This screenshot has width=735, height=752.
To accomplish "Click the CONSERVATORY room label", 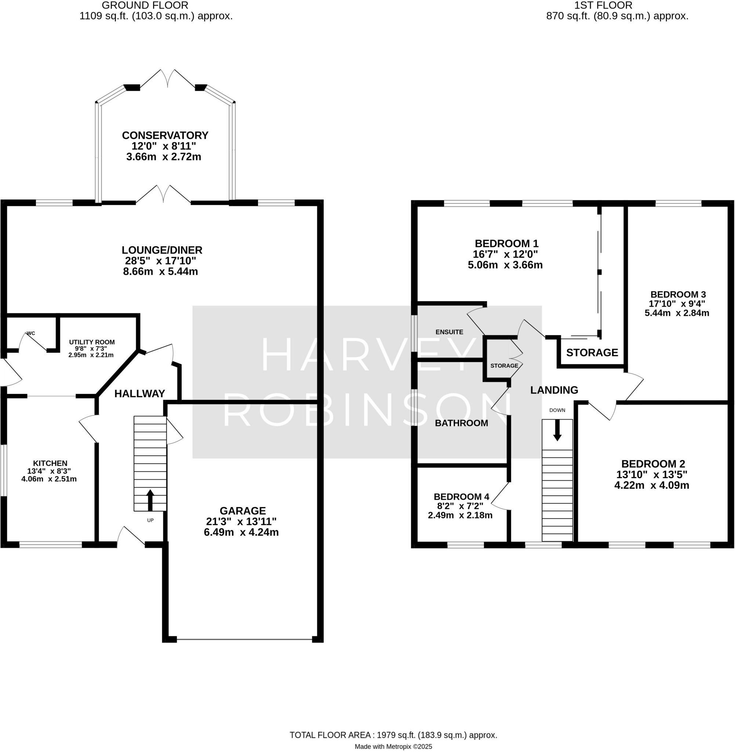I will pos(165,135).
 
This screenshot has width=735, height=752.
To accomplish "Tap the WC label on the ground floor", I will pos(31,333).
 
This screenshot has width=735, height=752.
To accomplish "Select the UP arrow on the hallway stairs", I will pos(150,500).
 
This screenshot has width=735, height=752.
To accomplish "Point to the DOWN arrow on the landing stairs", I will pos(557,430).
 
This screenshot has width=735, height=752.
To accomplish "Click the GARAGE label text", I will pos(243,511).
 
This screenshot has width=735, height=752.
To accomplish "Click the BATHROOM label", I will pos(461,423).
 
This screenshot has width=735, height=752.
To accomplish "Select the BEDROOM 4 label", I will pos(461,497).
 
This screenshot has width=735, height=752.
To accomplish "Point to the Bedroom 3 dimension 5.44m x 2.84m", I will pos(677,313).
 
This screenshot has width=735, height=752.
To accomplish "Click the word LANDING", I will pos(554,390).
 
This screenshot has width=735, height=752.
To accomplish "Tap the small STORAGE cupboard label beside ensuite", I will pos(504,366).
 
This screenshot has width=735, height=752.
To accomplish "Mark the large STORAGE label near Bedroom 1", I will pos(592,352).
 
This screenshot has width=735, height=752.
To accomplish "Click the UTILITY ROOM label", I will pos(92,342).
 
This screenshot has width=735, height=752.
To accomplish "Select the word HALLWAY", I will pos(140,394).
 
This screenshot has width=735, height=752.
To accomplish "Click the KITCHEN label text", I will pos(50,463).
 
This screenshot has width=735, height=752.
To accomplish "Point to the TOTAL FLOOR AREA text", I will pos(393,735).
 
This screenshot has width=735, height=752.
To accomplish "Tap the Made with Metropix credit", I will pos(393,746).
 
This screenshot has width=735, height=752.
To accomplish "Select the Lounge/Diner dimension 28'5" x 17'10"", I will pos(160,261).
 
